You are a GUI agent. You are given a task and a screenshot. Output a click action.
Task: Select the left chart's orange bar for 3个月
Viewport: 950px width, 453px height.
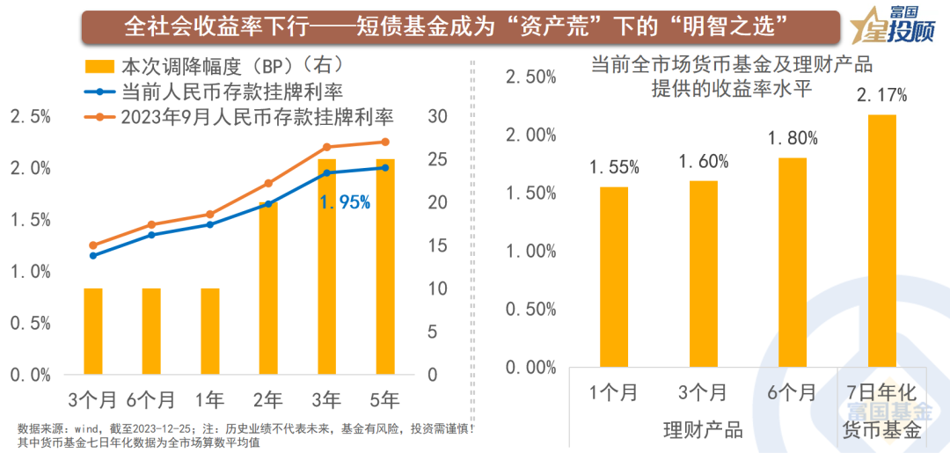pyautogui.click(x=93, y=331)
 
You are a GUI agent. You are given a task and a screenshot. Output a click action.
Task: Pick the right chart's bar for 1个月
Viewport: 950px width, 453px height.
pyautogui.click(x=614, y=276)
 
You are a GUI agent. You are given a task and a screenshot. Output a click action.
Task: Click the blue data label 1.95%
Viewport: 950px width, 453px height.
pyautogui.click(x=345, y=202)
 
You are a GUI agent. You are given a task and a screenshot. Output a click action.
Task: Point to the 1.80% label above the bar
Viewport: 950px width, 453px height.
pyautogui.click(x=793, y=138)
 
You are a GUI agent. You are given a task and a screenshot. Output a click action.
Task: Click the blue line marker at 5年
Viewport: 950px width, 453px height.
pyautogui.click(x=384, y=168)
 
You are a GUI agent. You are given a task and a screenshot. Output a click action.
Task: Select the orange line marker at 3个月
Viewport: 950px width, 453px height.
pyautogui.click(x=93, y=245)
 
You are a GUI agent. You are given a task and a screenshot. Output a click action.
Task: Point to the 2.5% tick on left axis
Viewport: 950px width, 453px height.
pyautogui.click(x=30, y=116)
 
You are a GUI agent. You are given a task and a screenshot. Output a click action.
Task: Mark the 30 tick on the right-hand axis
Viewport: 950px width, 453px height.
pyautogui.click(x=437, y=116)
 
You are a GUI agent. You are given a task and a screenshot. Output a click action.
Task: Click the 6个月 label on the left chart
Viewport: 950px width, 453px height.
pyautogui.click(x=151, y=399)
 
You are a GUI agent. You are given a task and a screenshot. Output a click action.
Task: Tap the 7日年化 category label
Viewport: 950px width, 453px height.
pyautogui.click(x=881, y=393)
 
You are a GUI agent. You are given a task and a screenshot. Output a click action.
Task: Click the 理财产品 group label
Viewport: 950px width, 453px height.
pyautogui.click(x=702, y=430)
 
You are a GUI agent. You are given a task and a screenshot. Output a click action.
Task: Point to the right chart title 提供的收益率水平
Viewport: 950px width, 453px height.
pyautogui.click(x=730, y=88)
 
